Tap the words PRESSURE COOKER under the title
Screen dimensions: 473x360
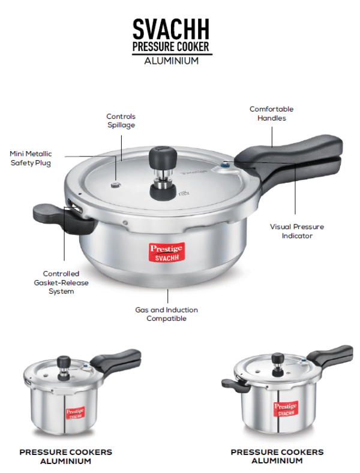point(172,47)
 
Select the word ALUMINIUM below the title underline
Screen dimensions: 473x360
point(172,61)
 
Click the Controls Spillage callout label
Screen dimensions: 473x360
point(121,120)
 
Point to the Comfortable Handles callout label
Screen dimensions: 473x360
point(271,113)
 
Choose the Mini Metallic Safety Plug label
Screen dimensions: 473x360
point(31,158)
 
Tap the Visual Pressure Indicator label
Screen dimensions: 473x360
point(296,231)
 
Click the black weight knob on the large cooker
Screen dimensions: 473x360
point(161,157)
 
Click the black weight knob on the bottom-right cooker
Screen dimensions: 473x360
point(277,360)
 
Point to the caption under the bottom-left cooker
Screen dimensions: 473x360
point(65,456)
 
